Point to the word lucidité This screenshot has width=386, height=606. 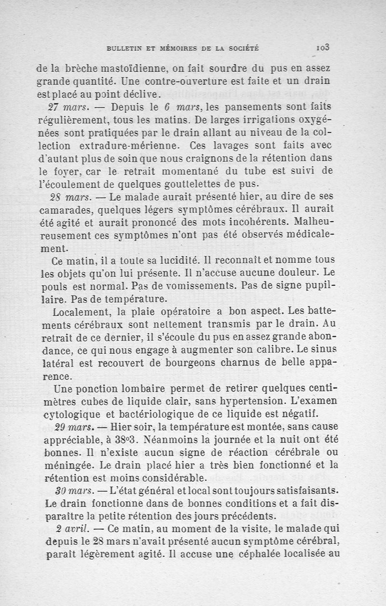click(x=165, y=261)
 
